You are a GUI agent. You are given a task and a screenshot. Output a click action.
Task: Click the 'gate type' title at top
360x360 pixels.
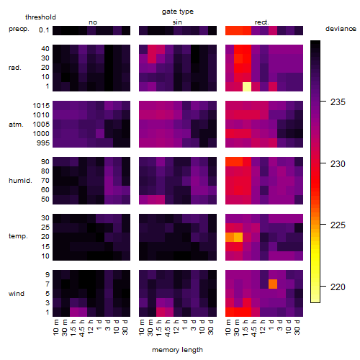click(x=178, y=12)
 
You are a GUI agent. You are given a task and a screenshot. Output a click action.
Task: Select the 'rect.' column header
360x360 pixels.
click(x=261, y=22)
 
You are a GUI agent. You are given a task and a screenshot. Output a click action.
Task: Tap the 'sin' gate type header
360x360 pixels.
click(x=177, y=22)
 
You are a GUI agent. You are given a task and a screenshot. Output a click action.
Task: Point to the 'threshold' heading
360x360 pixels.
click(x=40, y=17)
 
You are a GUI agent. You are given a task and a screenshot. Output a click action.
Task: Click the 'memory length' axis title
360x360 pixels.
click(x=178, y=350)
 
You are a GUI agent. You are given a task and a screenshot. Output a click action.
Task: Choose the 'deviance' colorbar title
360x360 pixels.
click(x=341, y=29)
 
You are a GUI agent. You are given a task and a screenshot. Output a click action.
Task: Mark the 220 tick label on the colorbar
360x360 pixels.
click(x=338, y=287)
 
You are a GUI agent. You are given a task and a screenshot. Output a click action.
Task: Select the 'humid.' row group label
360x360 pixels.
click(x=20, y=181)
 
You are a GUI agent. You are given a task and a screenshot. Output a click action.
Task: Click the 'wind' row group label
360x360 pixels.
click(x=17, y=294)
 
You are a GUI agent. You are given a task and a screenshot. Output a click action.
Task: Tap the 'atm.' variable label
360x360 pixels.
click(x=16, y=125)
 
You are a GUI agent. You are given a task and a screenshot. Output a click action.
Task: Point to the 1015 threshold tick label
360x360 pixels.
click(x=41, y=106)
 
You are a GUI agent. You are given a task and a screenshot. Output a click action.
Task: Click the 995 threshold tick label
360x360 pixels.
click(x=43, y=143)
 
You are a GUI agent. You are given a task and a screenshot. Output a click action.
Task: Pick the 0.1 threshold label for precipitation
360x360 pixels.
click(x=44, y=30)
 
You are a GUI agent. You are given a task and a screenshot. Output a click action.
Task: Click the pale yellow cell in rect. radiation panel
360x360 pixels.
click(x=247, y=86)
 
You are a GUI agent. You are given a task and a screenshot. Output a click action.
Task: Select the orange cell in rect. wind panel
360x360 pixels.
click(x=273, y=284)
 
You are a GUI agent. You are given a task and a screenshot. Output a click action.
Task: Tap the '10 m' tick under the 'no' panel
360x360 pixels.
click(x=55, y=327)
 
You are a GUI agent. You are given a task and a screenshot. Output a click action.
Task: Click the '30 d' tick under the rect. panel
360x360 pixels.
click(x=297, y=327)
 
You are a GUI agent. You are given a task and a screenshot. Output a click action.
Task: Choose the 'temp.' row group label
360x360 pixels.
click(x=18, y=236)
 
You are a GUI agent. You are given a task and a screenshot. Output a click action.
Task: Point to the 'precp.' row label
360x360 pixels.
click(x=19, y=29)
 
